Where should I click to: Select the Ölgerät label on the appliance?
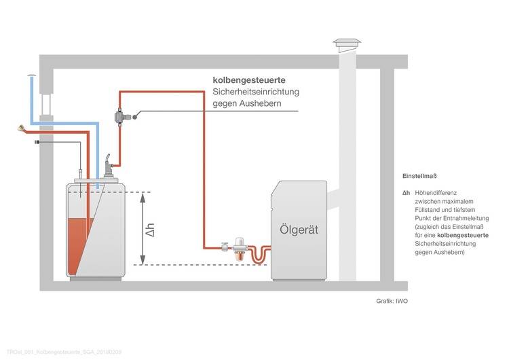point(299,230)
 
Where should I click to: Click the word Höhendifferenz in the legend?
point(440,193)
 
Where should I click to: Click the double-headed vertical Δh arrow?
point(142,229)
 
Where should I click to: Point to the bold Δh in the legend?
point(405,193)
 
